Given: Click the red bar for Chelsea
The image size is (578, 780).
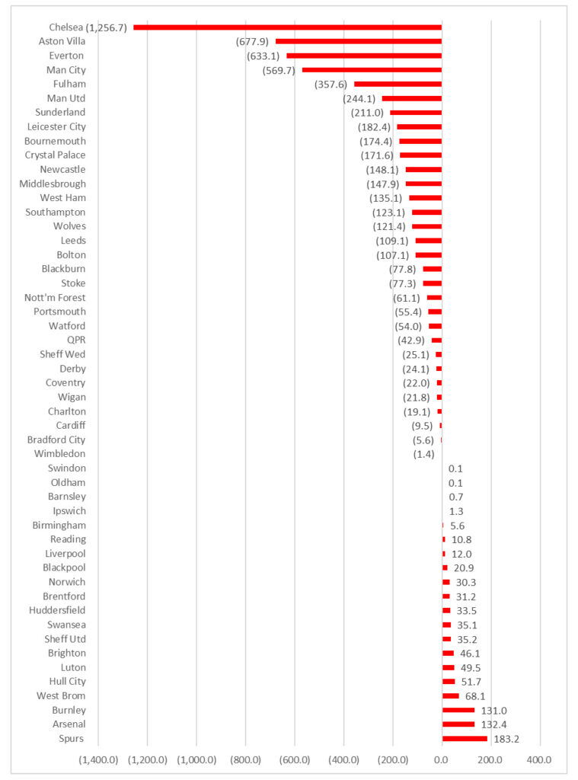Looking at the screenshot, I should pyautogui.click(x=287, y=27).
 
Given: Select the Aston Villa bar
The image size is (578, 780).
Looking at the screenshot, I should pyautogui.click(x=358, y=41).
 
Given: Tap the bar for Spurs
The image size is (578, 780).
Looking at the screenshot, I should pyautogui.click(x=465, y=738).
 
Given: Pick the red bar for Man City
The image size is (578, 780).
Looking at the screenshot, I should pyautogui.click(x=372, y=70).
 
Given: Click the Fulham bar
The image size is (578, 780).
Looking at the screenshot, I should pyautogui.click(x=398, y=84).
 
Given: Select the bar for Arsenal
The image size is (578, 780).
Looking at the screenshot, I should pyautogui.click(x=458, y=724).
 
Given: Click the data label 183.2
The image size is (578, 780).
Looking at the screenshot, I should pyautogui.click(x=503, y=739).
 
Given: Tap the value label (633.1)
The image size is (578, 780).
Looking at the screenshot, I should pyautogui.click(x=263, y=56).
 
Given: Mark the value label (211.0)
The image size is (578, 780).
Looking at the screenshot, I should pyautogui.click(x=367, y=113).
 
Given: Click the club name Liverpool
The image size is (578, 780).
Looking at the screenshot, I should pyautogui.click(x=65, y=553).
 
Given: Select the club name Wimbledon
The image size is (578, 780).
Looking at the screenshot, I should pyautogui.click(x=60, y=454).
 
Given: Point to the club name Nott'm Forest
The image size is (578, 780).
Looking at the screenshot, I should pyautogui.click(x=56, y=298).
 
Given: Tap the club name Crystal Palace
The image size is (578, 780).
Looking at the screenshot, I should pyautogui.click(x=56, y=155).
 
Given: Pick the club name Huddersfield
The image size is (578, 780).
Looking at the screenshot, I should pyautogui.click(x=58, y=610).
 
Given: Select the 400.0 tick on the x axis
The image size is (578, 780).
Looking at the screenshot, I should pyautogui.click(x=538, y=759).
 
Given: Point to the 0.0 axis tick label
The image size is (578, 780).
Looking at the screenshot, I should pyautogui.click(x=441, y=759).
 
